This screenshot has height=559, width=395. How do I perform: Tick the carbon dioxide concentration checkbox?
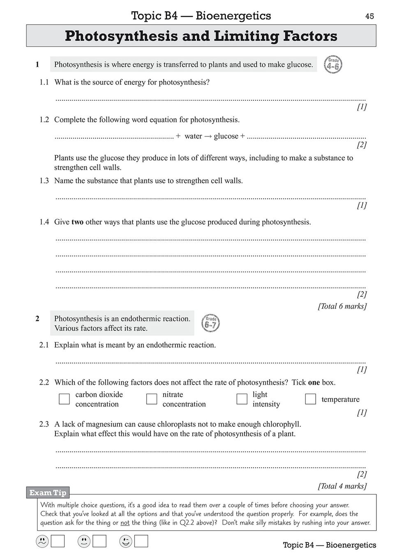64,399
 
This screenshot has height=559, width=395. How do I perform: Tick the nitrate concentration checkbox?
152,399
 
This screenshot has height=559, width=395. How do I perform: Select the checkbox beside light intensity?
242,399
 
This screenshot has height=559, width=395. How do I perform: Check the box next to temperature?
310,399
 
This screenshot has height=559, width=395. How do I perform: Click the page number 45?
370,16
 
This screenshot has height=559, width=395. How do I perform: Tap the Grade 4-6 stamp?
333,65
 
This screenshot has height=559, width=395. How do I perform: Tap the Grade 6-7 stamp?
210,323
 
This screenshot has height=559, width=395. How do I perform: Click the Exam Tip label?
48,492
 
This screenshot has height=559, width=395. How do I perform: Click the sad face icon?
42,541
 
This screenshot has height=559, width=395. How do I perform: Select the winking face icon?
125,541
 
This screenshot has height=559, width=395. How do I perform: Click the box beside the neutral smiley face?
99,541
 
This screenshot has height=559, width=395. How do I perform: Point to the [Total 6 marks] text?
342,306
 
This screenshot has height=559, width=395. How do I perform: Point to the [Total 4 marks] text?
342,486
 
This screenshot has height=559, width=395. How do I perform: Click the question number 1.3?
44,181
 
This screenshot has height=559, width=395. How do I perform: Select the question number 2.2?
44,382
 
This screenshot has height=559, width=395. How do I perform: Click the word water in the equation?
193,136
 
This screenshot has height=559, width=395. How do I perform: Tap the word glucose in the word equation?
226,136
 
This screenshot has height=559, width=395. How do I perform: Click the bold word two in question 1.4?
77,222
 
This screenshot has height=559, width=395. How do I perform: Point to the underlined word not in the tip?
125,523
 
